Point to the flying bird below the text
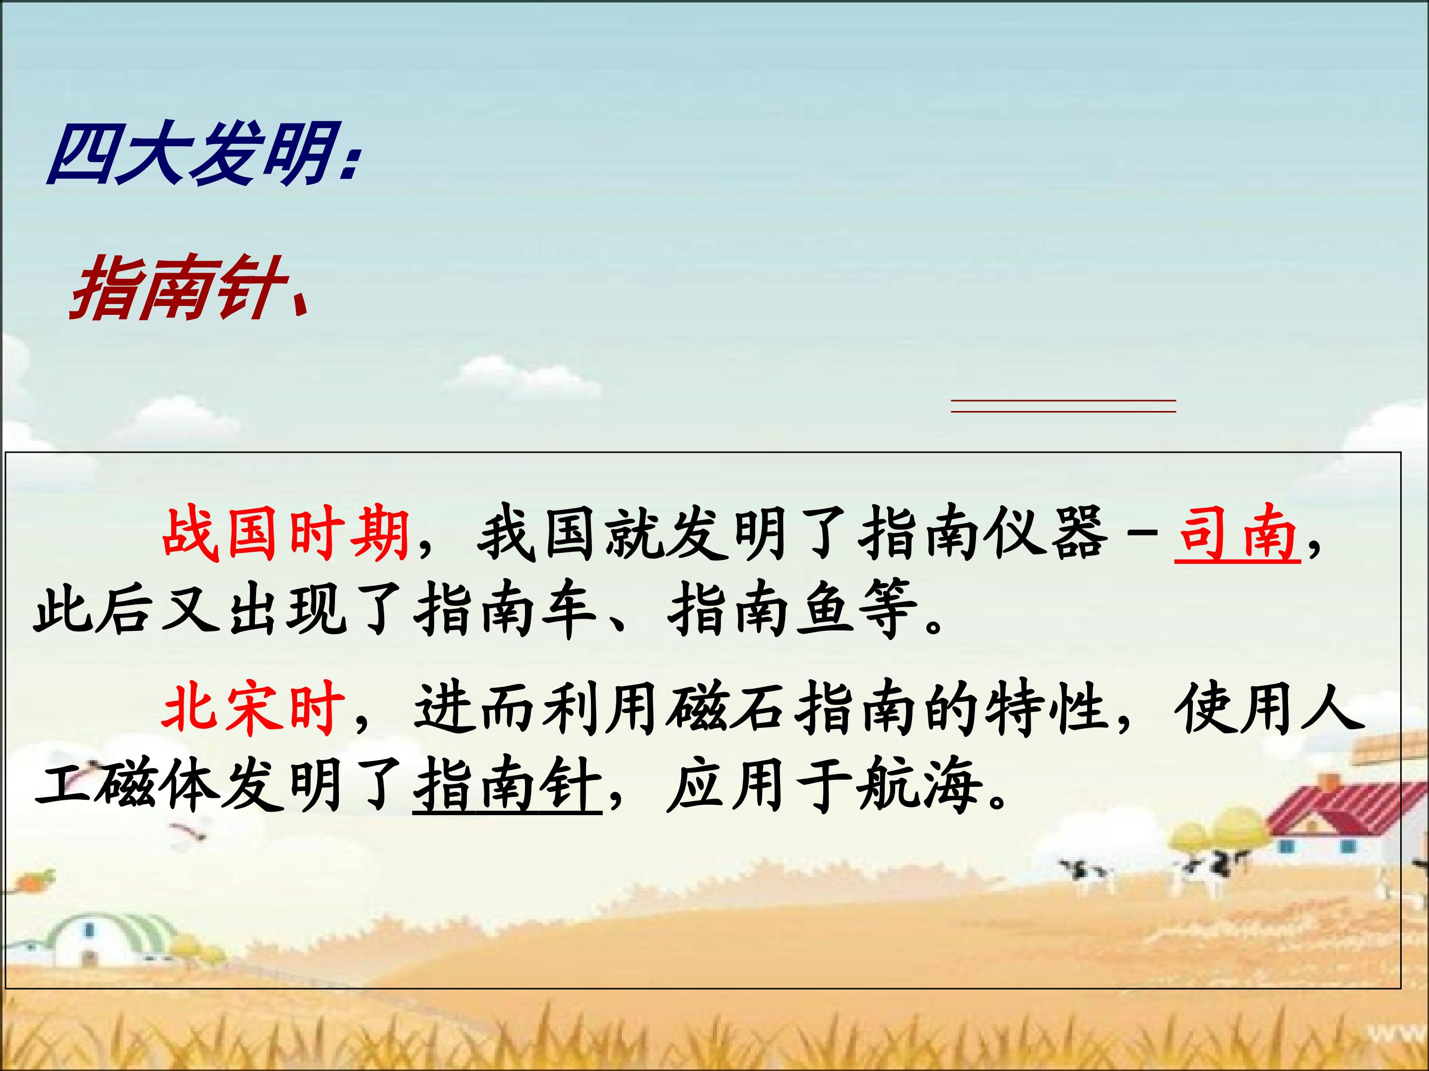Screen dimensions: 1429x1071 (189, 833)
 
